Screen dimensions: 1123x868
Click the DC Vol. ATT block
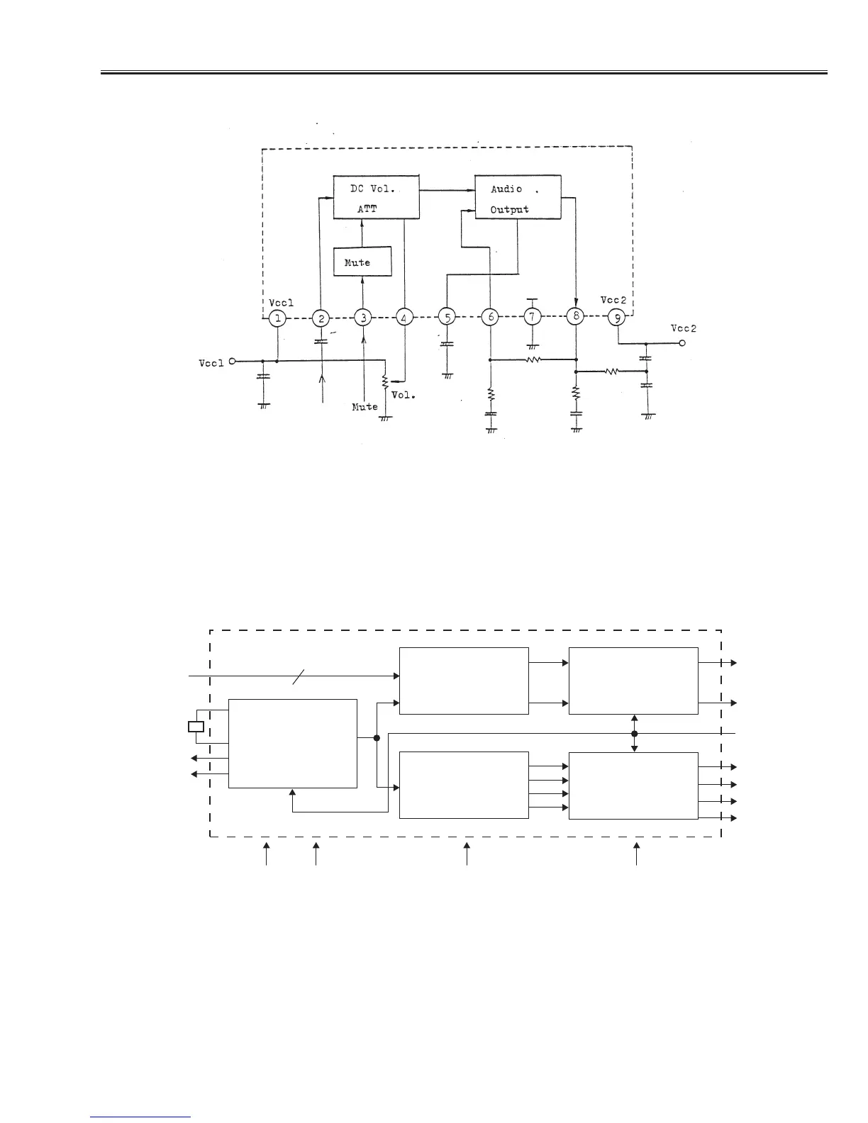point(376,197)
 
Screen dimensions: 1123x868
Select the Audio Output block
point(518,197)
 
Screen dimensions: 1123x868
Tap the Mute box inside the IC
point(362,262)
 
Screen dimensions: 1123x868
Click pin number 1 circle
point(278,318)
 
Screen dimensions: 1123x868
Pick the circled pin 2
point(321,318)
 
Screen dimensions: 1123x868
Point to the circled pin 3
point(363,318)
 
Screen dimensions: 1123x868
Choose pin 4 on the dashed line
point(404,318)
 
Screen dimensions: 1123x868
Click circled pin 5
point(446,318)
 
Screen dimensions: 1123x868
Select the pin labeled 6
point(490,317)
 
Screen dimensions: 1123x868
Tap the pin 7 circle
point(533,317)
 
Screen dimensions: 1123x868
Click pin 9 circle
point(617,317)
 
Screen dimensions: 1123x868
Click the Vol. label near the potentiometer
point(404,395)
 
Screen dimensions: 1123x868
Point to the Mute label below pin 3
point(365,407)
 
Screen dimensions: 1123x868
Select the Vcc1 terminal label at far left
point(211,363)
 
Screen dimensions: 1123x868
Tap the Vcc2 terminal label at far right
point(684,328)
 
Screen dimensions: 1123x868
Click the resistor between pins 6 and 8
point(533,359)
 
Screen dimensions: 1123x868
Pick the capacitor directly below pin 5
point(447,345)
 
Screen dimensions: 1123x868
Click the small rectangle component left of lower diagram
point(196,726)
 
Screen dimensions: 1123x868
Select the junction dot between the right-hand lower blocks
point(635,734)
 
